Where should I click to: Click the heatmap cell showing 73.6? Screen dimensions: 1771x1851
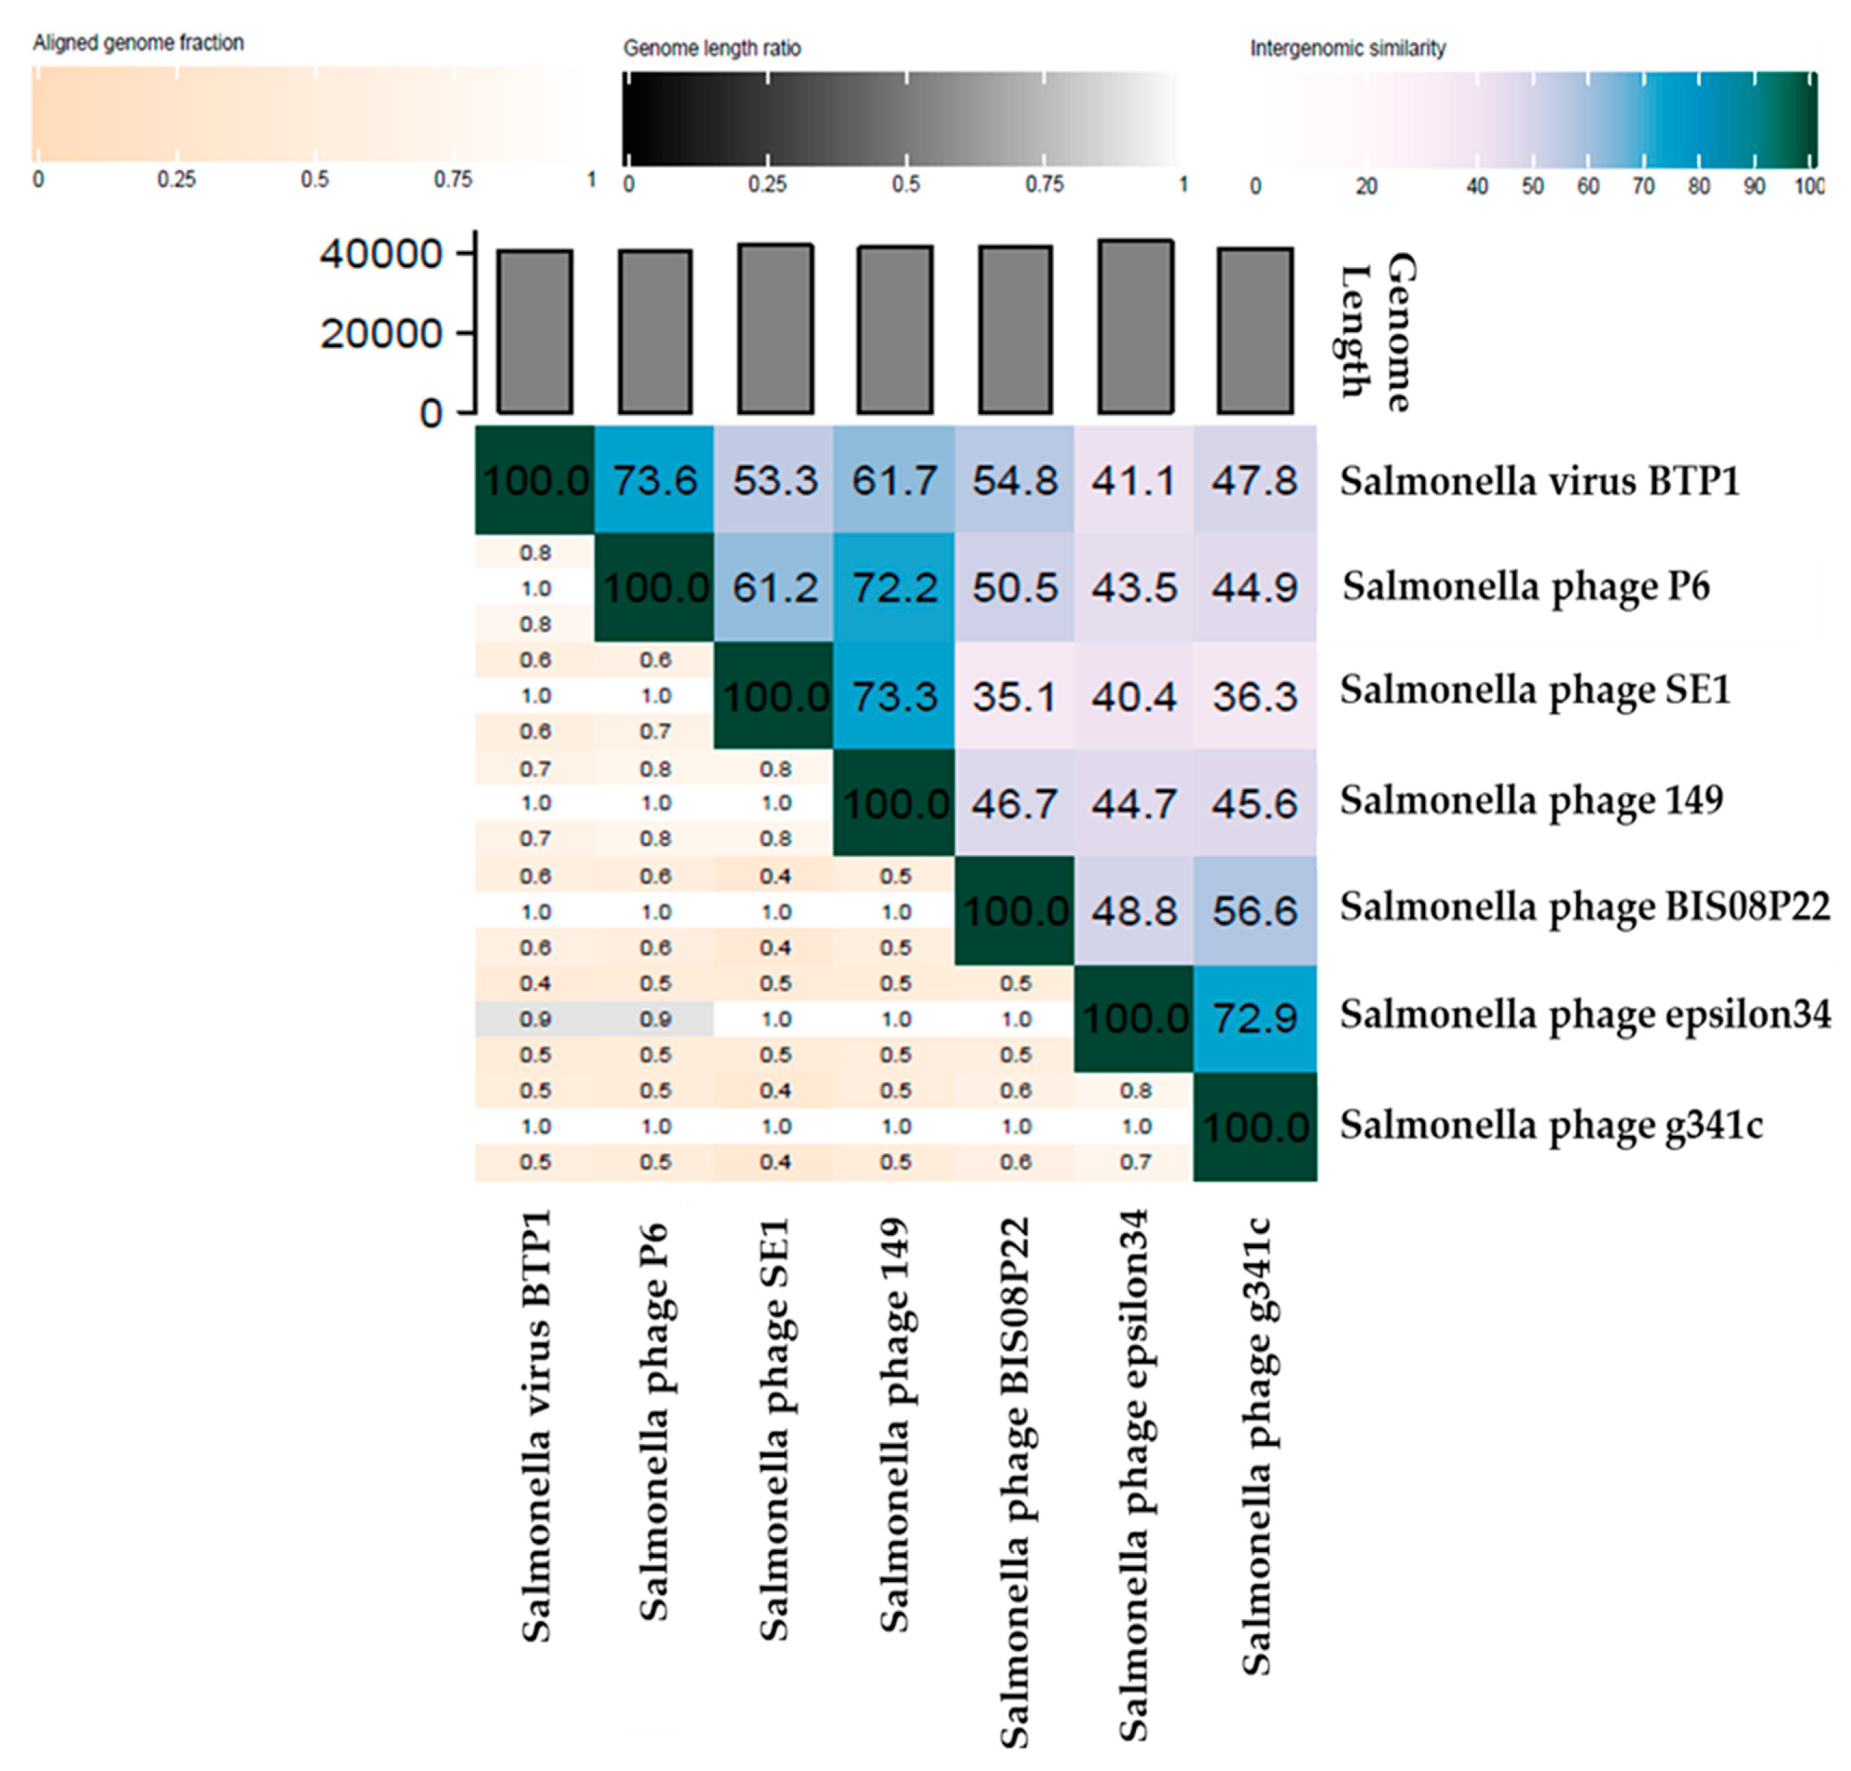(654, 480)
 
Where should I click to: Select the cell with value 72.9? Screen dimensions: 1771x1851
(1254, 1018)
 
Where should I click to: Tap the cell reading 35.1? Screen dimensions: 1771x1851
(1014, 696)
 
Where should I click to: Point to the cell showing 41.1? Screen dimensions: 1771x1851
(1134, 480)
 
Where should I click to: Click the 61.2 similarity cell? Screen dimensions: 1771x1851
(774, 588)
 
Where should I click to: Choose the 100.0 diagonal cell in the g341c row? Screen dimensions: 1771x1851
(1254, 1126)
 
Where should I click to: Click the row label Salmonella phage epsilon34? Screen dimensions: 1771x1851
(1584, 1015)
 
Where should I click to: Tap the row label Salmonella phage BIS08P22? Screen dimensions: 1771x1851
(1584, 907)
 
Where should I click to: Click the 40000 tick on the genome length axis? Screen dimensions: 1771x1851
(380, 254)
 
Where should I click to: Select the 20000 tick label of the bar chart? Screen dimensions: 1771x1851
(380, 333)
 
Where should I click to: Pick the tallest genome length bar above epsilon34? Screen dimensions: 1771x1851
(1135, 327)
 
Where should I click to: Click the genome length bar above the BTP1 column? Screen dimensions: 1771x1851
(535, 333)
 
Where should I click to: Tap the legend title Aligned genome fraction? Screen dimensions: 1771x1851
(138, 43)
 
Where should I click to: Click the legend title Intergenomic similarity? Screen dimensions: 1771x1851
(1347, 48)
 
